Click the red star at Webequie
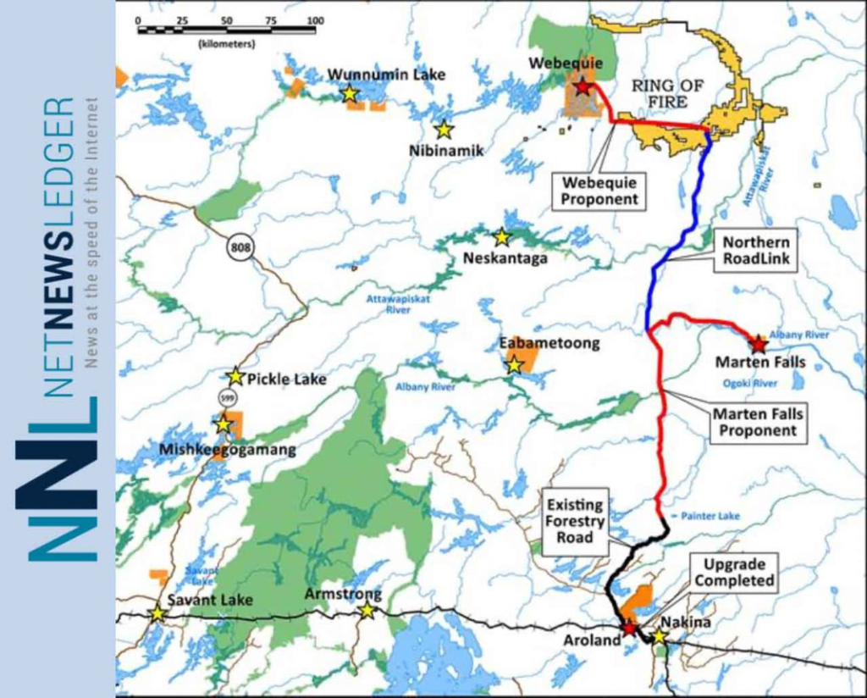(583, 86)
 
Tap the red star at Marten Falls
(759, 344)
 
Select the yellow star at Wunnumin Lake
(350, 93)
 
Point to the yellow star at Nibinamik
(444, 130)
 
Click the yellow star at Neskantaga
(501, 237)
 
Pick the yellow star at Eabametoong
(514, 365)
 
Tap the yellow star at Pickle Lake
(235, 377)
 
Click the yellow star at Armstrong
(367, 611)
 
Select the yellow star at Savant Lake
(157, 613)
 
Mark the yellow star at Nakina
(659, 636)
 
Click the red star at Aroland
(629, 628)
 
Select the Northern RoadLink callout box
(757, 251)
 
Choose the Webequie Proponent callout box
(598, 190)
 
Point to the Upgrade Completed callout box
(733, 573)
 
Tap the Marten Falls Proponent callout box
(755, 422)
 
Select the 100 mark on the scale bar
(315, 20)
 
